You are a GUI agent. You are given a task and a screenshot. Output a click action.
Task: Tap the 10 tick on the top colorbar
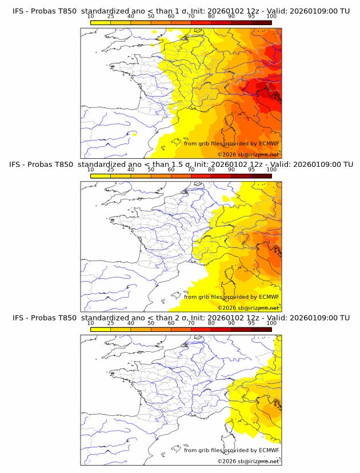click(91, 17)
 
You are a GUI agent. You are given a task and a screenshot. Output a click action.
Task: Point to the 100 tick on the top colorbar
click(271, 17)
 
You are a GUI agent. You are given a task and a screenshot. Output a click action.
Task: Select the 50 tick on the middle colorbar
click(151, 170)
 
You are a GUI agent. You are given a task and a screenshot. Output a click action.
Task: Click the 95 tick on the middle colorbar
click(251, 170)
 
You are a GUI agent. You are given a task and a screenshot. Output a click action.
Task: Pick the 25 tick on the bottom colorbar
click(111, 323)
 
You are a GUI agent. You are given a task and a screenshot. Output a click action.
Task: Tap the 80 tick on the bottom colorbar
click(211, 323)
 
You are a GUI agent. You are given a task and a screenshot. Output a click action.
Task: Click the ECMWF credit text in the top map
click(231, 143)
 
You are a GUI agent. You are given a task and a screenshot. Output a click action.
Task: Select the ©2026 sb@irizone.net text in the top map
click(248, 155)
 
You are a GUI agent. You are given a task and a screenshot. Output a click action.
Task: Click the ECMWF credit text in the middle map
click(231, 297)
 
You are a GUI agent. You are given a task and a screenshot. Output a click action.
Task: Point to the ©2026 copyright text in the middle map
click(248, 308)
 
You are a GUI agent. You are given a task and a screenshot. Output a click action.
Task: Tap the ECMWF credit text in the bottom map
click(231, 450)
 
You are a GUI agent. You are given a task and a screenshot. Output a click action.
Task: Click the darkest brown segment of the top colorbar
click(261, 23)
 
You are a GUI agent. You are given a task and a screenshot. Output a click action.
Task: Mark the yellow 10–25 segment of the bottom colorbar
click(101, 330)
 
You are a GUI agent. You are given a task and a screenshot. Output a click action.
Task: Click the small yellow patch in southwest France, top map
click(134, 134)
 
